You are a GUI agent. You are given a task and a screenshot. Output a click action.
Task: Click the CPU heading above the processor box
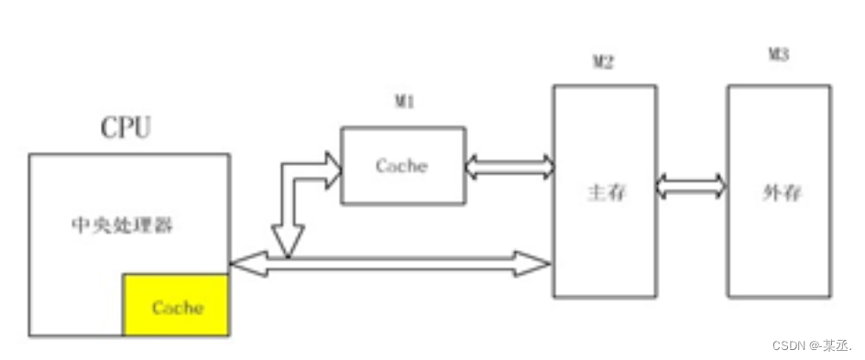coord(126,128)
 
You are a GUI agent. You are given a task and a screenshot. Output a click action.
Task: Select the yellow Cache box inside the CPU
coord(177,305)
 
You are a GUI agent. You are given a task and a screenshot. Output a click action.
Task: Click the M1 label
coord(405,103)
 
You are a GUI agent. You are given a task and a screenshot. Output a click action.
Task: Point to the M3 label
coord(778,55)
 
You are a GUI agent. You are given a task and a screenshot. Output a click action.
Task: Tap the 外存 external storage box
coord(779,238)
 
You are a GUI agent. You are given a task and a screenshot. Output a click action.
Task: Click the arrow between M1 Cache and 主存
coord(509,167)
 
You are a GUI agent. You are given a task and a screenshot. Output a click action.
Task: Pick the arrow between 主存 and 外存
coord(692,187)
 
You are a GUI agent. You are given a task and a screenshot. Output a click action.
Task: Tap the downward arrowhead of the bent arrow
coord(287,244)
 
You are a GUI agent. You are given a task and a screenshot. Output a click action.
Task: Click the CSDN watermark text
coord(811,345)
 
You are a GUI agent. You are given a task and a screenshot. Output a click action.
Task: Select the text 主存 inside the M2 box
coord(604,193)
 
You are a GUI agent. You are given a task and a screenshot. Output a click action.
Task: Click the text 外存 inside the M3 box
coord(780,193)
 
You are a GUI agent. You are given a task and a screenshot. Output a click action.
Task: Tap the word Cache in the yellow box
coord(177,307)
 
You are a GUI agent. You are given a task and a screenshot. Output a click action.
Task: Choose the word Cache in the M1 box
coord(401,166)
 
